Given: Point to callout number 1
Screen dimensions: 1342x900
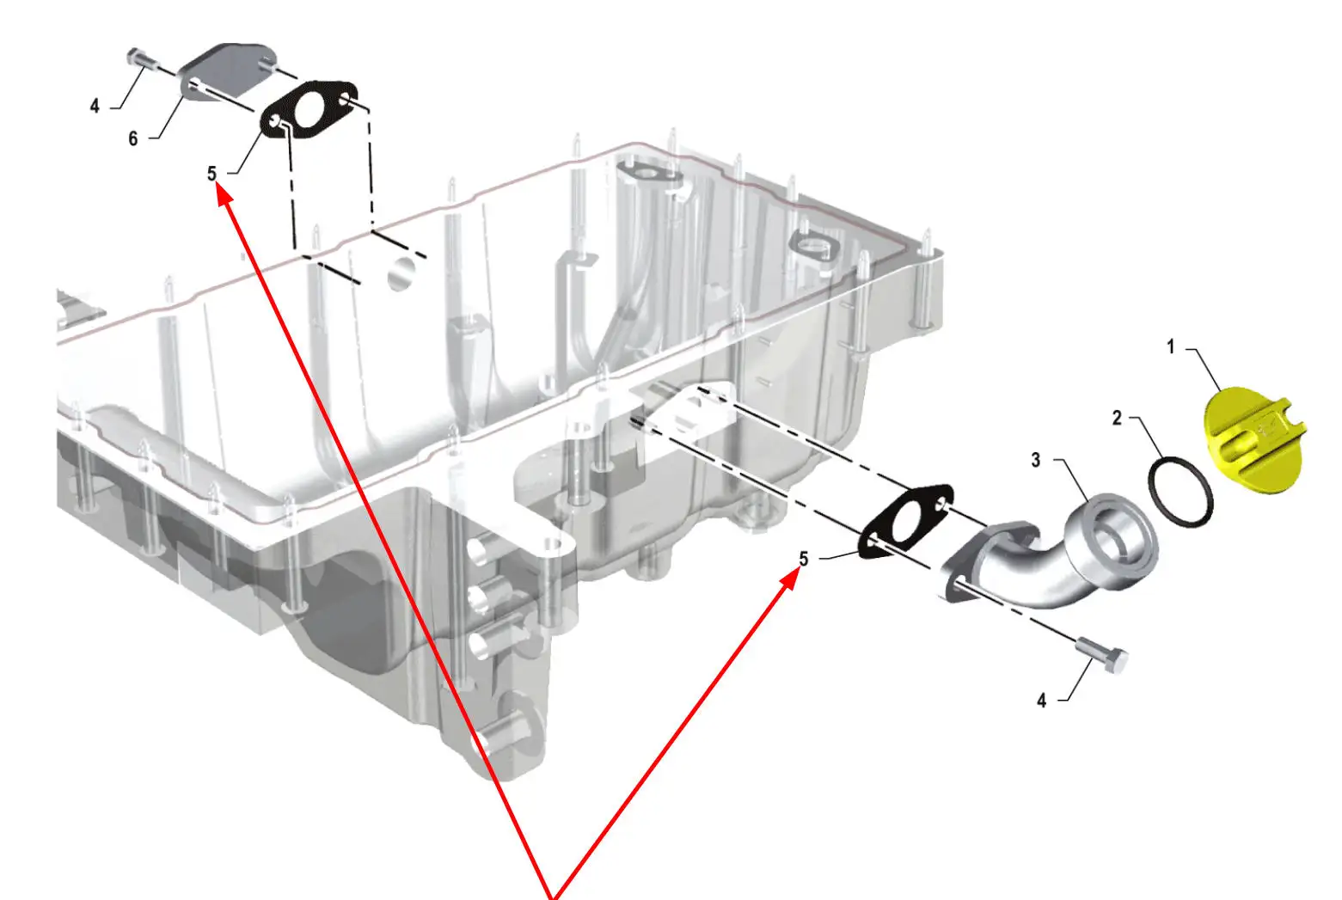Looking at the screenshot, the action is [x=1170, y=347].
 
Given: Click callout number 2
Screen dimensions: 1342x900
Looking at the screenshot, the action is [x=1117, y=418].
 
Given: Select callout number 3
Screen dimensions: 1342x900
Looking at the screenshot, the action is [x=1036, y=461].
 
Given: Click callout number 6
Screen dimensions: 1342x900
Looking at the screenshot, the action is [x=133, y=138].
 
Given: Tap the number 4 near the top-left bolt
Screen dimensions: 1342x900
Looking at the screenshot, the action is [x=95, y=106].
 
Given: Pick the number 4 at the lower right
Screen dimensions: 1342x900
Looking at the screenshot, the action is [x=1042, y=701].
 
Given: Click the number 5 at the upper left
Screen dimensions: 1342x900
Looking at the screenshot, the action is [x=211, y=174].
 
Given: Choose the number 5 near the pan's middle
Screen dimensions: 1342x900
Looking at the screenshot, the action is [x=804, y=559].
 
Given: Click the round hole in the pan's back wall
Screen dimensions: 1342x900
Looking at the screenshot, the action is [x=401, y=273].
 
